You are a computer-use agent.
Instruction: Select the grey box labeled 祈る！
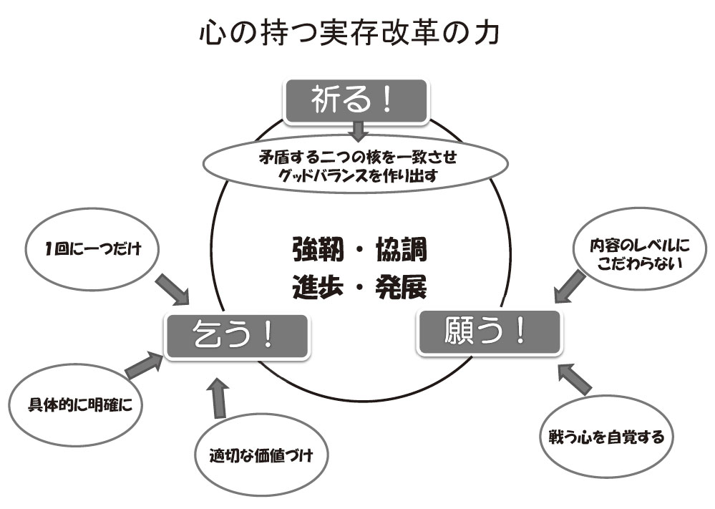[x=356, y=101]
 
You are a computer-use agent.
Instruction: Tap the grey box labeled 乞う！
[x=237, y=336]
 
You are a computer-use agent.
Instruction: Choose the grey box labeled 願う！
[x=489, y=331]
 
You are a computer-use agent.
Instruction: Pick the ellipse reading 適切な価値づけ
[x=262, y=455]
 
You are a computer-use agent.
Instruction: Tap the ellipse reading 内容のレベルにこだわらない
[x=639, y=249]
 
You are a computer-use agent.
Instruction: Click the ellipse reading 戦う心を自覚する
[x=606, y=437]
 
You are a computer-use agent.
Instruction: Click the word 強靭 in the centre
[x=317, y=250]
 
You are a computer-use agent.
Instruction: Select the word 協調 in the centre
[x=402, y=250]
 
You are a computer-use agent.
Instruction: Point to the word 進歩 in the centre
[x=317, y=287]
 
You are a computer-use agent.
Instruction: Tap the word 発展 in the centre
[x=402, y=287]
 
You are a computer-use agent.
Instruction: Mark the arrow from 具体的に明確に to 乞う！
[x=143, y=364]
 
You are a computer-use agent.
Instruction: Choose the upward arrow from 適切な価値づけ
[x=218, y=398]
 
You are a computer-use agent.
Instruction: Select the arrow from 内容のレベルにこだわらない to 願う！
[x=570, y=286]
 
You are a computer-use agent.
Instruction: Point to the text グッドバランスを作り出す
[x=358, y=176]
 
